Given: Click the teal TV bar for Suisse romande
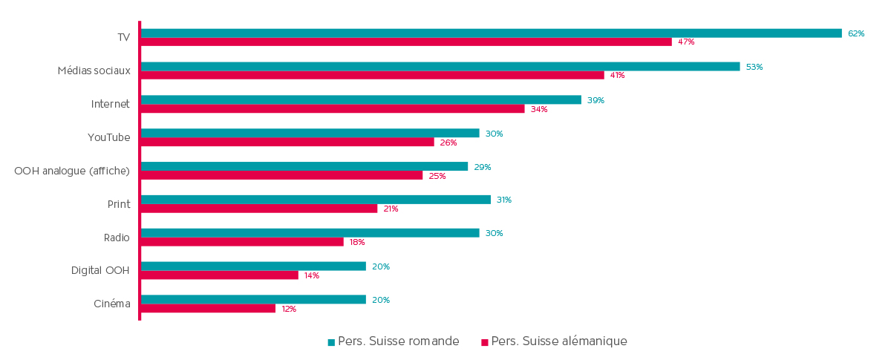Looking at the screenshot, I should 491,33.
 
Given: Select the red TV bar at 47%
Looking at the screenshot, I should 406,42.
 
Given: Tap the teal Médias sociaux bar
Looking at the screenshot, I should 440,67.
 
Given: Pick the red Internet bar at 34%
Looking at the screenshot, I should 333,109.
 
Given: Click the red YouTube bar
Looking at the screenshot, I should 287,142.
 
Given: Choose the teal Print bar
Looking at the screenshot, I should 316,200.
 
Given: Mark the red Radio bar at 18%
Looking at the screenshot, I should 242,242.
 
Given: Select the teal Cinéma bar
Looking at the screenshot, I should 253,300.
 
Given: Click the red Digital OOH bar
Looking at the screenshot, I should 220,275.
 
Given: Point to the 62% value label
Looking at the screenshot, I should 856,33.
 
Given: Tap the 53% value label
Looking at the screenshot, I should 754,67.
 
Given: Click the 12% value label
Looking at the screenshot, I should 289,309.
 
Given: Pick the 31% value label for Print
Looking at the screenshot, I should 504,200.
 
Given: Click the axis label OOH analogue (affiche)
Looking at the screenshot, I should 72,171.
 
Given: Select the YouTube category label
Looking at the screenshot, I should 108,137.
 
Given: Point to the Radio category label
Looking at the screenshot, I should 117,238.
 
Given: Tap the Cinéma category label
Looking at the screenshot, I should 112,304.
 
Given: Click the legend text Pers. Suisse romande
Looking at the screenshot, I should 398,341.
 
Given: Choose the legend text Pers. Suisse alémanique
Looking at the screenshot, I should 559,341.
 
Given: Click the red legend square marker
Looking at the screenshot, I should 485,342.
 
